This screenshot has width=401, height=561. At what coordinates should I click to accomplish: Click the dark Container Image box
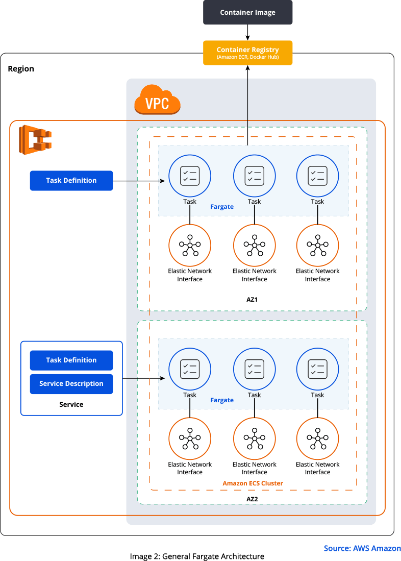coord(247,12)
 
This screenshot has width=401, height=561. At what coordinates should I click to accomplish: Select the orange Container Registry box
coord(247,53)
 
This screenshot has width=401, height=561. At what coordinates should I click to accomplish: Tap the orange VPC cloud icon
coord(158,100)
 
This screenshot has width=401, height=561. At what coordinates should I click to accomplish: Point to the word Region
coord(21,69)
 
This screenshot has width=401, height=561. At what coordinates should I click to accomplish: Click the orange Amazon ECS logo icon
coord(35,139)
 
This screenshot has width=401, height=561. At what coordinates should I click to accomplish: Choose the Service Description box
coord(71,384)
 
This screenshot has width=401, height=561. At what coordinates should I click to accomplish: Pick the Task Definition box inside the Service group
coord(71,360)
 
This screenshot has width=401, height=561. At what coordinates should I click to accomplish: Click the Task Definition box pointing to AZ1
coord(71,181)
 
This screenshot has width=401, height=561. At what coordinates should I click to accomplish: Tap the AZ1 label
coord(252,300)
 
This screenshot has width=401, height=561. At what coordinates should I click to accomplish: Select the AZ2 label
coord(252,499)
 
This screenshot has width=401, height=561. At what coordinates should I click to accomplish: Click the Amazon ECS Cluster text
coord(253,483)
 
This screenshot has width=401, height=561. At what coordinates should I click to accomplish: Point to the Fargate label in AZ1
coord(222,207)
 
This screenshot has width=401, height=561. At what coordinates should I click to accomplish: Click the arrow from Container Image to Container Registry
coord(247,33)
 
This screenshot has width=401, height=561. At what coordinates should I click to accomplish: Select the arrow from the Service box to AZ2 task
coord(143,378)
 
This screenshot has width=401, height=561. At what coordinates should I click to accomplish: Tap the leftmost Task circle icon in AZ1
coord(190,176)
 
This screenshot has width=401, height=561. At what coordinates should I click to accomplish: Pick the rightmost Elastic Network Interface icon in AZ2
coord(318,438)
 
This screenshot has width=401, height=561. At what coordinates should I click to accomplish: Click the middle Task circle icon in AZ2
coord(255,369)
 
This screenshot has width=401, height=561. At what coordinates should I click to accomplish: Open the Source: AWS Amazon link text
coord(362,548)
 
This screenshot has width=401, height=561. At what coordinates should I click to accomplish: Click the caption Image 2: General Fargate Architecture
coord(197,556)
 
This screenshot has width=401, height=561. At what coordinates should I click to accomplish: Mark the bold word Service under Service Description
coord(71,405)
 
